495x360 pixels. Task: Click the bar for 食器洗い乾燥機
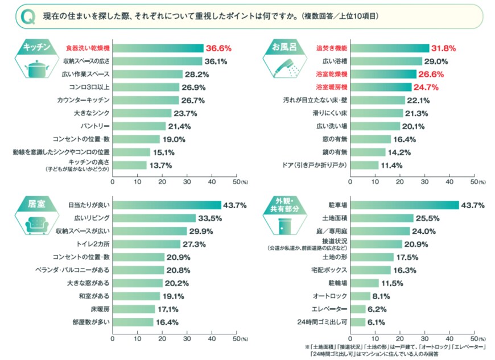158,48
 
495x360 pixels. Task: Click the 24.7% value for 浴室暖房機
428,87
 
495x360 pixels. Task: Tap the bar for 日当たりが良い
167,205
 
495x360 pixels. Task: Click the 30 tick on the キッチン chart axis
187,182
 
